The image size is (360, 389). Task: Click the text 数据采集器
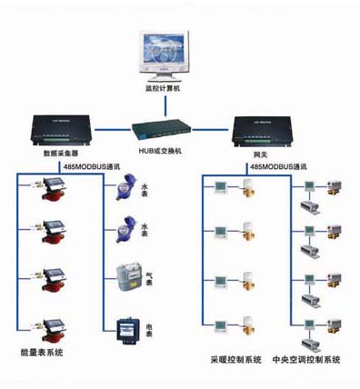tap(62, 155)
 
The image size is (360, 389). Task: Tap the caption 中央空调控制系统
tap(305, 361)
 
